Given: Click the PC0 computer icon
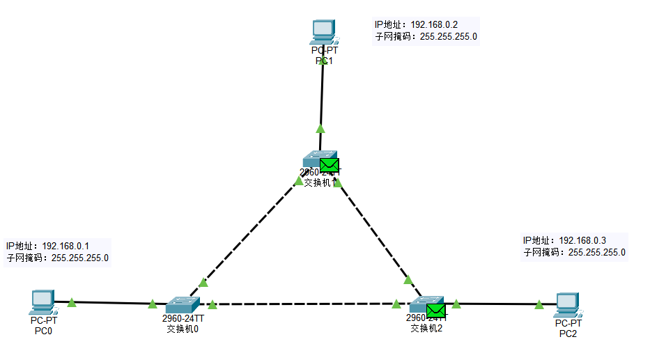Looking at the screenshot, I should pyautogui.click(x=43, y=301).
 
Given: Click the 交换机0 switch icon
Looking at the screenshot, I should pyautogui.click(x=183, y=304).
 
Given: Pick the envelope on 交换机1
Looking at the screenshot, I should pyautogui.click(x=330, y=164).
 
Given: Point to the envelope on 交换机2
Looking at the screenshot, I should pyautogui.click(x=435, y=310).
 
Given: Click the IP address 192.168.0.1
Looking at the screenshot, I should pyautogui.click(x=65, y=246).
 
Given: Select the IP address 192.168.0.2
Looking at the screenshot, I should pyautogui.click(x=434, y=24).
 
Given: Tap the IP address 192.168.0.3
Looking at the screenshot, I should pyautogui.click(x=582, y=240).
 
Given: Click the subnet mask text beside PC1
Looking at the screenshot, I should pyautogui.click(x=426, y=36).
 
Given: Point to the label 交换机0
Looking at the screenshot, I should pyautogui.click(x=183, y=329).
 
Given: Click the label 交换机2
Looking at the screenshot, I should pyautogui.click(x=426, y=328).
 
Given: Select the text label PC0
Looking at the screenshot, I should pyautogui.click(x=43, y=331).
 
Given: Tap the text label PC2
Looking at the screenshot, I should pyautogui.click(x=568, y=334).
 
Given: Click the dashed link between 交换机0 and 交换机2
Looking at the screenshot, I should pyautogui.click(x=303, y=304).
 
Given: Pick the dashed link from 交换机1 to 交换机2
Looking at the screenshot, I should pyautogui.click(x=373, y=230).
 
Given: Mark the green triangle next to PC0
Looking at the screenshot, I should pyautogui.click(x=72, y=302).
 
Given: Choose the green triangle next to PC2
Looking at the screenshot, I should pyautogui.click(x=539, y=304).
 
